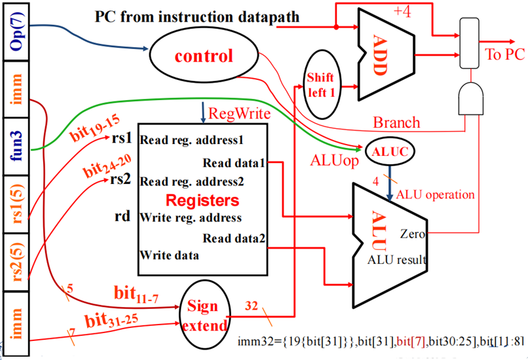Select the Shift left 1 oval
(320, 84)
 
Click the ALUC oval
(390, 150)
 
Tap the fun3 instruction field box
(16, 147)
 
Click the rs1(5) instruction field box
(16, 204)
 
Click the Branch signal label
(396, 123)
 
